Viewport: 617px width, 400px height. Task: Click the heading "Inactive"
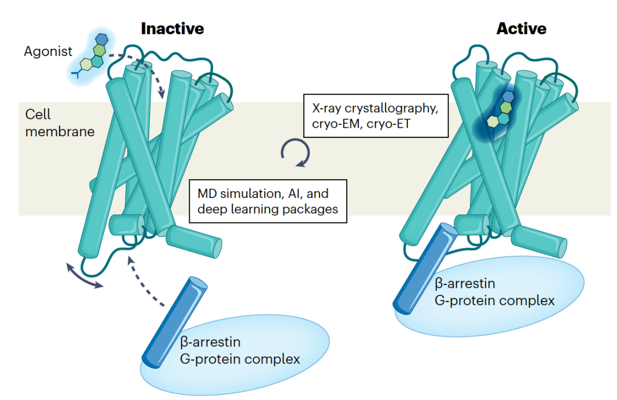(173, 29)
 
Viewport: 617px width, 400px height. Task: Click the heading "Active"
(522, 29)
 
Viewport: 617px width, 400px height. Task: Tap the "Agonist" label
(48, 52)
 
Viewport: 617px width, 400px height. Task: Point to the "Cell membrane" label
(60, 122)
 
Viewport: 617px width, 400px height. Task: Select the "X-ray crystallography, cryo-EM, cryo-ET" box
(376, 116)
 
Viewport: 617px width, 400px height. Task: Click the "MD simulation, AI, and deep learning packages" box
(268, 201)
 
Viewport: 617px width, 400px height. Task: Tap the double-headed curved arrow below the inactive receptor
(83, 276)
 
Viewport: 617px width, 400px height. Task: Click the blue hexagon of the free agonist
(102, 39)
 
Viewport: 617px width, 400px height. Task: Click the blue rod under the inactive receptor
(174, 323)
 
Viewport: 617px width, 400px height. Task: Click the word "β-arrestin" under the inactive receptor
(210, 342)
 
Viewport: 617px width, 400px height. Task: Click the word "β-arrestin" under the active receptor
(464, 283)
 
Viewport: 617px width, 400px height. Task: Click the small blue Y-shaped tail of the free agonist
(77, 73)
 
